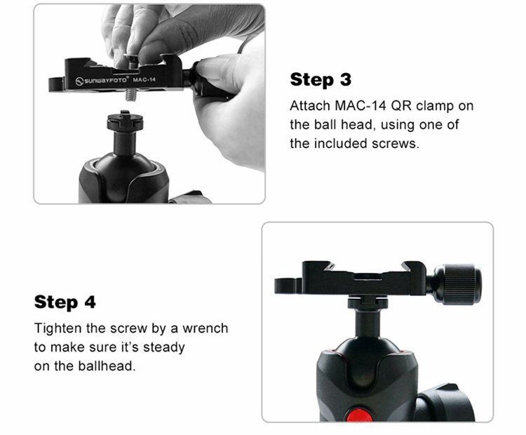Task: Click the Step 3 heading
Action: point(321,80)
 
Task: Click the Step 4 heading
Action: point(65,302)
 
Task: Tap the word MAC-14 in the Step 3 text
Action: point(360,106)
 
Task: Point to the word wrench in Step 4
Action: point(205,328)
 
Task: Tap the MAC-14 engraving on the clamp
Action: point(144,80)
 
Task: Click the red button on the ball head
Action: point(359,415)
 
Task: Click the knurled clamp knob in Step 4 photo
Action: point(459,284)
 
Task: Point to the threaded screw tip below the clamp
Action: point(131,95)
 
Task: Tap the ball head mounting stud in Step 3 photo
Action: point(125,121)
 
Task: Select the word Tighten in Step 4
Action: point(58,328)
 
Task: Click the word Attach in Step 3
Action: point(310,106)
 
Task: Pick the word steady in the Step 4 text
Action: point(164,347)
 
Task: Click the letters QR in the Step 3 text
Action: point(401,106)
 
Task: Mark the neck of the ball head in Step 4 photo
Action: point(367,323)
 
